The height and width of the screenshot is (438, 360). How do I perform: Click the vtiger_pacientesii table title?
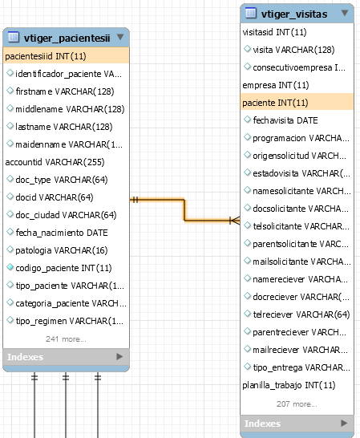(67, 38)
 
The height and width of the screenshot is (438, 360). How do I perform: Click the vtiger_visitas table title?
(294, 14)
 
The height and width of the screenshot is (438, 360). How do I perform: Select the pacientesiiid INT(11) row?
(66, 56)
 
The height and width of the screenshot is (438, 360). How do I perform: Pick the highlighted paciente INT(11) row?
(297, 103)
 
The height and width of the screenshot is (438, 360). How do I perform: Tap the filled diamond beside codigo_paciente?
(10, 267)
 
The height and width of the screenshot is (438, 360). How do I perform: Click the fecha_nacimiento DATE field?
(62, 233)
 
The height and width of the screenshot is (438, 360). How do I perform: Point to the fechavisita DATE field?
(285, 120)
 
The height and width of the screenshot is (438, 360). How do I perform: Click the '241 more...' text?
(66, 339)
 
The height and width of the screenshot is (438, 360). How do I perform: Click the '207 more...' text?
(297, 404)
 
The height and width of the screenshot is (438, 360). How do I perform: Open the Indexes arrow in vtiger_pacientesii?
(119, 356)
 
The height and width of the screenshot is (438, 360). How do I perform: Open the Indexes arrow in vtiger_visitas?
(344, 423)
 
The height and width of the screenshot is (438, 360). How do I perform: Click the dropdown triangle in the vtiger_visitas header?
(345, 13)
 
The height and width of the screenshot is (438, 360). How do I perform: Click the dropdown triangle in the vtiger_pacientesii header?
(120, 37)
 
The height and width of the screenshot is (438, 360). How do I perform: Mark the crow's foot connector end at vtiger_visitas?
(235, 221)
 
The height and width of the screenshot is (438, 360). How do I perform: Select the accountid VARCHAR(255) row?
(55, 162)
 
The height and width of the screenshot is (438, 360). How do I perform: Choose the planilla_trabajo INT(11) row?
(289, 385)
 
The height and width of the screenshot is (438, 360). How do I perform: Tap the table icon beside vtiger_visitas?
(250, 13)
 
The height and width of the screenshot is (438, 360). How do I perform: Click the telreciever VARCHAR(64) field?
(301, 314)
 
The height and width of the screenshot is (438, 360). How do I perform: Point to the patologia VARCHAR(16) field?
(62, 250)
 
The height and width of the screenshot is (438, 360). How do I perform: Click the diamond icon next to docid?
(10, 197)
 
